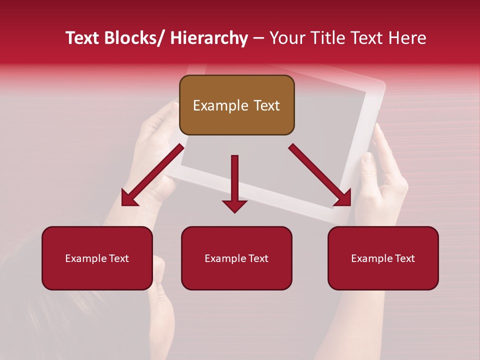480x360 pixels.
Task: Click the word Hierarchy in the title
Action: [x=208, y=38]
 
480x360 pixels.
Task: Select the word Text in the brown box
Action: [x=266, y=105]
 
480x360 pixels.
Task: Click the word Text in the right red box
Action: [x=404, y=258]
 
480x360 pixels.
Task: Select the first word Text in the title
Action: [x=82, y=38]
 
